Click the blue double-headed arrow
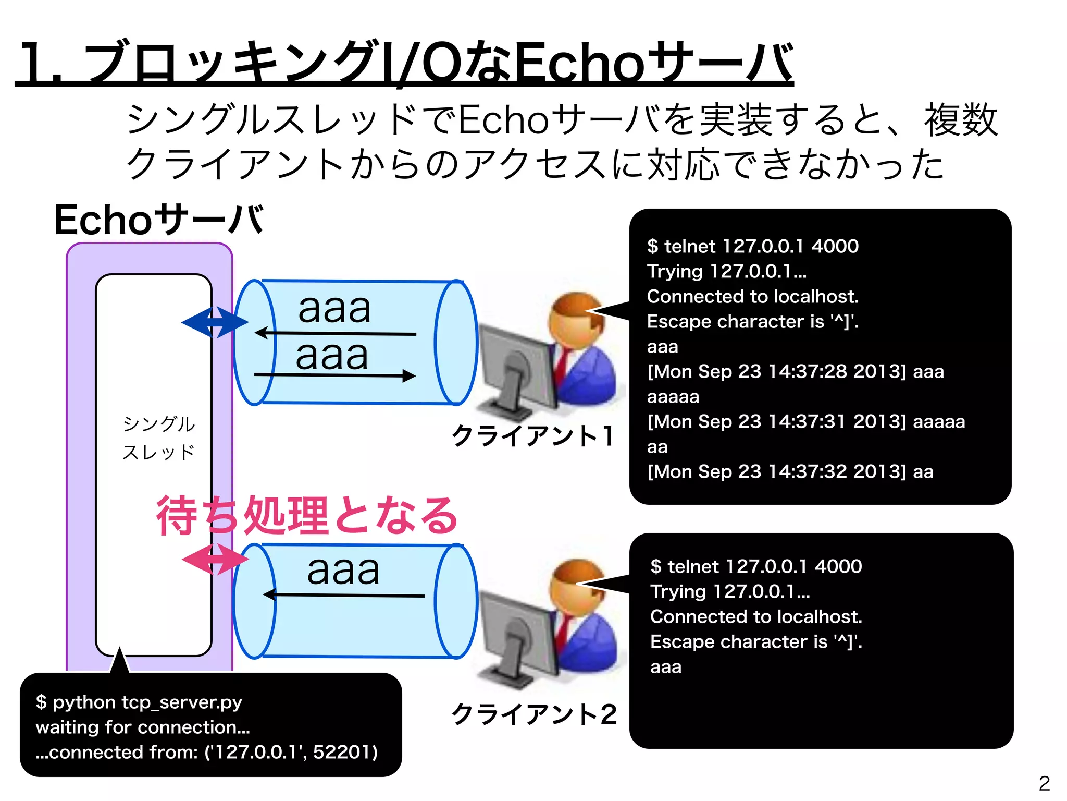pos(215,322)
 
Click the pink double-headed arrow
pos(215,560)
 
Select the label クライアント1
pos(533,436)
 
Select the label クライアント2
pos(534,714)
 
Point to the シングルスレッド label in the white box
pos(158,438)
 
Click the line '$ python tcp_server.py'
pos(139,702)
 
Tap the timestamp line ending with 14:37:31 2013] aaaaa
pos(805,421)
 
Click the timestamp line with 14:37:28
pos(795,371)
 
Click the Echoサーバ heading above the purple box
pos(158,220)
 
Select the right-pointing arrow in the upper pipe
pos(334,375)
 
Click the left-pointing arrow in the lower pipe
pos(344,594)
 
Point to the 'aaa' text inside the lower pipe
pos(343,570)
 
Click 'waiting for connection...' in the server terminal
pos(143,727)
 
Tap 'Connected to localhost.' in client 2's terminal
pos(756,616)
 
